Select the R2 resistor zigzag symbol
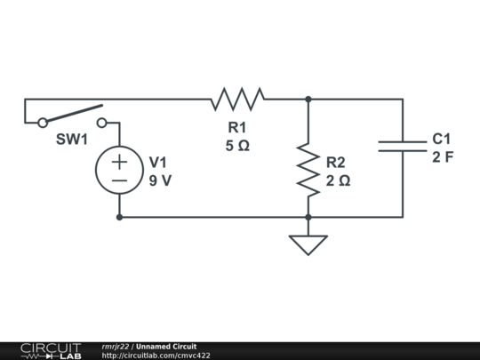click(x=308, y=170)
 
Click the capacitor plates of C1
click(x=403, y=147)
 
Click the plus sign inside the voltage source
click(x=119, y=162)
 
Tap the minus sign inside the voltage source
click(x=119, y=180)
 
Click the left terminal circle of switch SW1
click(x=43, y=123)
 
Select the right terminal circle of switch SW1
click(x=101, y=123)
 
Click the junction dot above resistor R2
click(x=308, y=100)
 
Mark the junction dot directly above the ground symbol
click(x=308, y=218)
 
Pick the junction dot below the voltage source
click(x=119, y=218)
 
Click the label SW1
click(x=72, y=140)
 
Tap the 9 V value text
click(x=160, y=180)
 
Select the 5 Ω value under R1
click(x=237, y=146)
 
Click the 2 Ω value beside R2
click(x=338, y=181)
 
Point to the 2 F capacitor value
click(x=443, y=157)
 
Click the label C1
click(x=442, y=139)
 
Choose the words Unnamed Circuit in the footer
click(x=166, y=347)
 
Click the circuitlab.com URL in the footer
click(x=156, y=356)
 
